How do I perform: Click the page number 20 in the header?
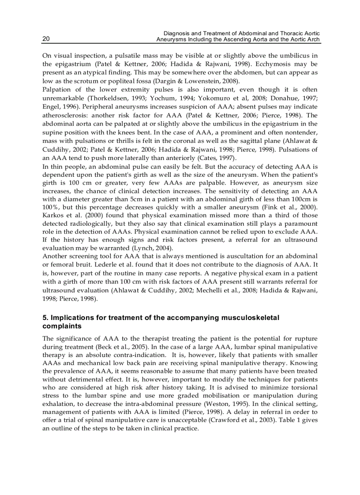pos(46,39)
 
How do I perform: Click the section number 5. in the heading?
pos(45,317)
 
